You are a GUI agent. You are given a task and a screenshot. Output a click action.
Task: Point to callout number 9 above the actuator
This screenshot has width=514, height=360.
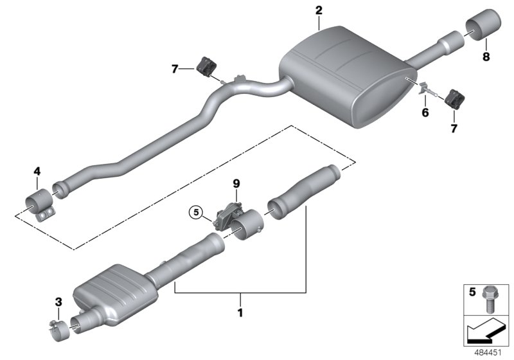pyautogui.click(x=236, y=183)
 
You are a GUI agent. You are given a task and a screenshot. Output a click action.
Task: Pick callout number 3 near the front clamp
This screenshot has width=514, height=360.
pyautogui.click(x=58, y=301)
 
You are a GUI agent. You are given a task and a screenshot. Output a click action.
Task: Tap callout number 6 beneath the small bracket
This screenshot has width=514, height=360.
pyautogui.click(x=424, y=113)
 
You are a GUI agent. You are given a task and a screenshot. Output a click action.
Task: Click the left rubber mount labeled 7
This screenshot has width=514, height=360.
pyautogui.click(x=208, y=65)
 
